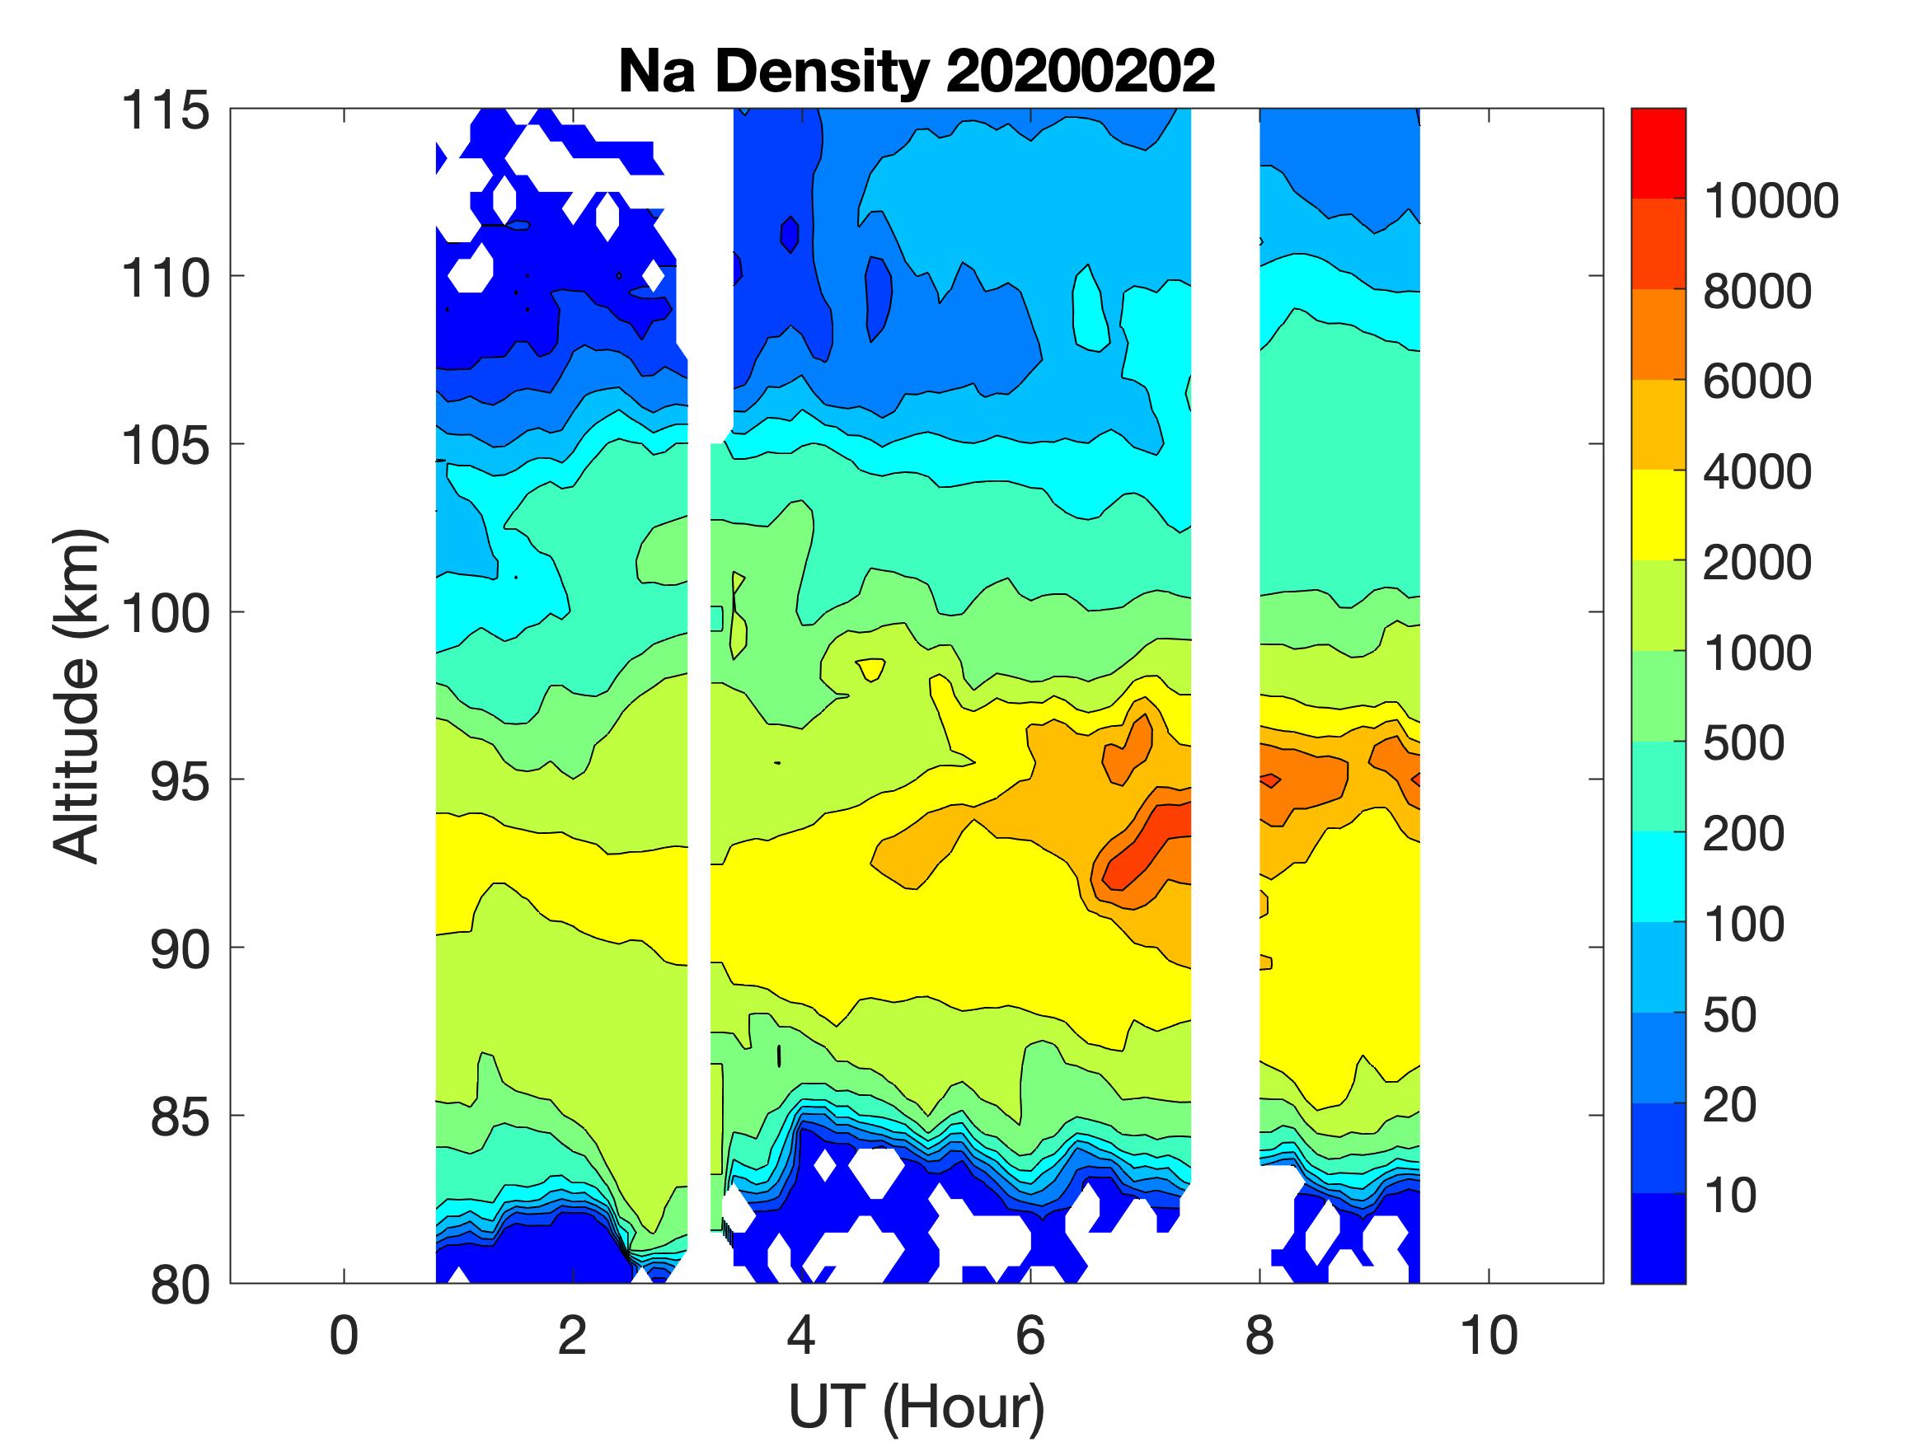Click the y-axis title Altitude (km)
coord(78,695)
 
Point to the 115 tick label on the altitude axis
coord(165,111)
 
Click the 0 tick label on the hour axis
coord(345,1336)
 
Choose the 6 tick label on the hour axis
coord(1030,1336)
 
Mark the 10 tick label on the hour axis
coord(1489,1336)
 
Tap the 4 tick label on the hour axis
coord(800,1336)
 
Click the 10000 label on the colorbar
coord(1771,202)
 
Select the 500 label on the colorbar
coord(1743,744)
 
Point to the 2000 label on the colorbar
coord(1757,564)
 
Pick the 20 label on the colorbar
coord(1729,1106)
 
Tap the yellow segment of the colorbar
coord(1658,514)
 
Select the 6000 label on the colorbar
coord(1757,382)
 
